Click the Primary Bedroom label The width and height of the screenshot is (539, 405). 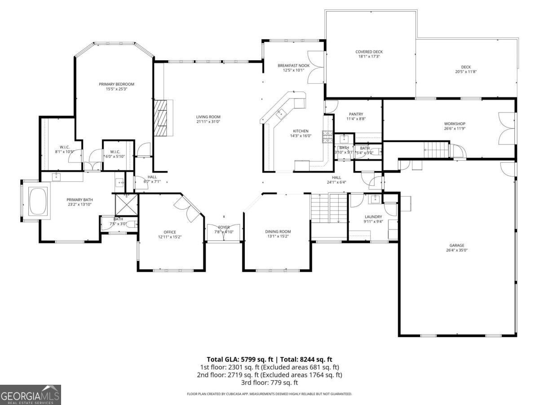116,84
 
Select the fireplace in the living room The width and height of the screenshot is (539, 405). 161,118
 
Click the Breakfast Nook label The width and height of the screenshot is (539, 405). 293,65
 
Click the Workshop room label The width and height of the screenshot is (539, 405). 454,124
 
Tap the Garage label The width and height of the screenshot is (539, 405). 454,245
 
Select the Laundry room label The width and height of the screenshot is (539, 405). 373,216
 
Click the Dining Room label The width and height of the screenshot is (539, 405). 278,232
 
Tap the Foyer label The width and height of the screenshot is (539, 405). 224,227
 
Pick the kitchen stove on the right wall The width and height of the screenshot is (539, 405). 327,136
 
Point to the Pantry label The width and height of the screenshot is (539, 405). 355,114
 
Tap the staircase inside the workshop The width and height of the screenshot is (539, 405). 437,149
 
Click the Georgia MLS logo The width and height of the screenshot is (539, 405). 30,395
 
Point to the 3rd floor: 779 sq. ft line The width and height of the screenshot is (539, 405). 269,382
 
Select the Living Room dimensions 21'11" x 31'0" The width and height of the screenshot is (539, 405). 208,122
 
